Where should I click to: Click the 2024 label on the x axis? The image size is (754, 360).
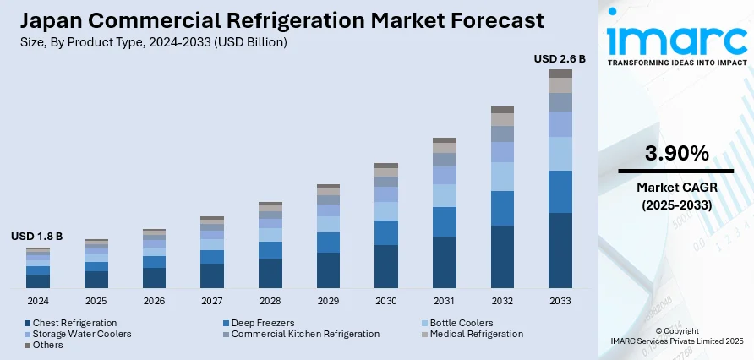(38, 301)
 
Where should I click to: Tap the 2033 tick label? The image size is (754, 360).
(560, 301)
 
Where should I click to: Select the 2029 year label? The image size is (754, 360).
(328, 301)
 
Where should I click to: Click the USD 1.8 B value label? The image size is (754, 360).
(37, 237)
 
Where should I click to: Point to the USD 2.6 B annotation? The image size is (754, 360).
(560, 59)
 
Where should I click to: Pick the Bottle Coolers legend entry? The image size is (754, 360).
(462, 323)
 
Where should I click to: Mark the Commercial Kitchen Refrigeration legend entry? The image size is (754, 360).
(305, 334)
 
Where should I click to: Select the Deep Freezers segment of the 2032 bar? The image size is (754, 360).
(502, 208)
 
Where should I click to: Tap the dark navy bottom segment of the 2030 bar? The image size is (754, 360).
(386, 266)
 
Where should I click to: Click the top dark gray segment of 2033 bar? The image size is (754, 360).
(560, 74)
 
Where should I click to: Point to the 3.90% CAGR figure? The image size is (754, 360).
(676, 154)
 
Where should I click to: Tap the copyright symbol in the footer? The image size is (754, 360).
(660, 331)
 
